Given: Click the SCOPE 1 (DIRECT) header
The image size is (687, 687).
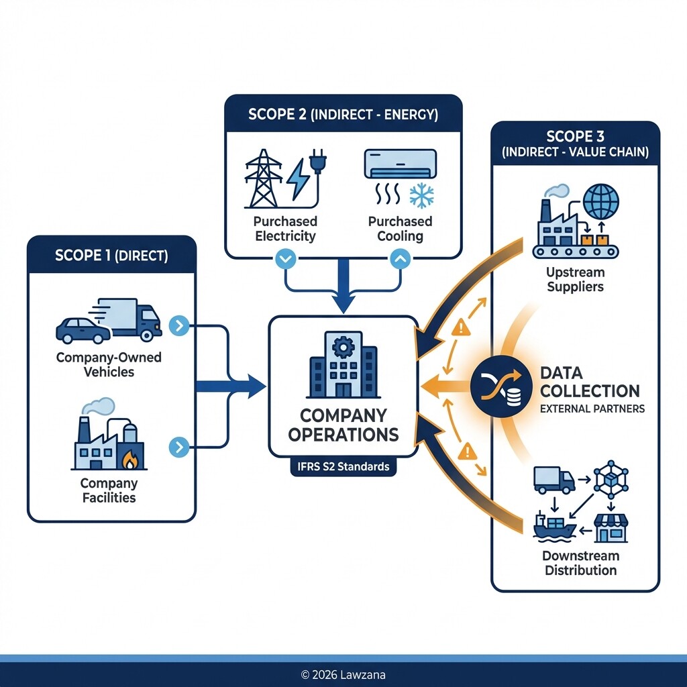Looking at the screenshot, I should click(111, 255).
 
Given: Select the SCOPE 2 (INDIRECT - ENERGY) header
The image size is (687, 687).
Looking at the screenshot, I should click(343, 114).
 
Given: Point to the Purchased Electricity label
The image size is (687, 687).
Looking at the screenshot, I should click(285, 229).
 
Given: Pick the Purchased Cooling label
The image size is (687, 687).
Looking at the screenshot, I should click(400, 229).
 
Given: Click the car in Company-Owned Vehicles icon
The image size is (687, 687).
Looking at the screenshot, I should click(82, 330).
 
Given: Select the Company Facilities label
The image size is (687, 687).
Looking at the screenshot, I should click(109, 490).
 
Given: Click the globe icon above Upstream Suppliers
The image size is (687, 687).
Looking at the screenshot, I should click(602, 201).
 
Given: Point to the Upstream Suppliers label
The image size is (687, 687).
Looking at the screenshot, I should click(576, 280).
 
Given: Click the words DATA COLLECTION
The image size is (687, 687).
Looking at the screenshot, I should click(590, 382).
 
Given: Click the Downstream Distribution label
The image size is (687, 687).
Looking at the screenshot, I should click(580, 564).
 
